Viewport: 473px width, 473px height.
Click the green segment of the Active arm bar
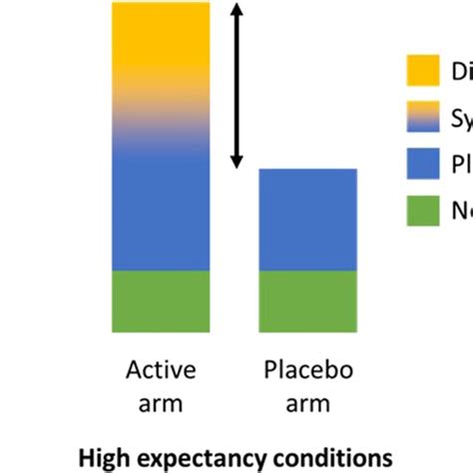coord(161,300)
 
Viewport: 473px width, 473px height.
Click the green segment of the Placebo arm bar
coord(307,300)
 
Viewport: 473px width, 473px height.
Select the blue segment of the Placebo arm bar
coord(307,220)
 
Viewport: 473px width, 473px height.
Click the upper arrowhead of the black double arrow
coord(236,12)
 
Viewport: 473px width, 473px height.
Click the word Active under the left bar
coord(161,371)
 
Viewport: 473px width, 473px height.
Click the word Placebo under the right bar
coord(307,371)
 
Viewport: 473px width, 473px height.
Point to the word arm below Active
coord(161,404)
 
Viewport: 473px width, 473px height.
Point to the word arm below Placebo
coord(307,404)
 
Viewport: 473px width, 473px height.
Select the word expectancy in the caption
coord(197,457)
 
